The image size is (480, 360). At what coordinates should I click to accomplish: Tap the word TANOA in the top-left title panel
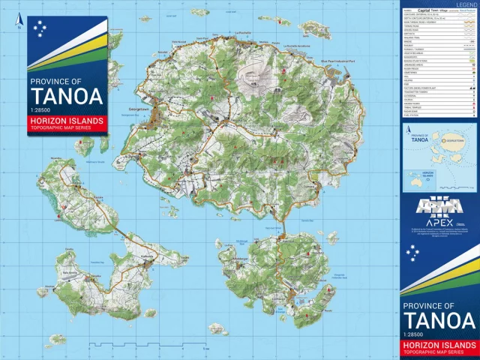pyautogui.click(x=65, y=97)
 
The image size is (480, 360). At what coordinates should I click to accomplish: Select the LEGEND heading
pyautogui.click(x=466, y=4)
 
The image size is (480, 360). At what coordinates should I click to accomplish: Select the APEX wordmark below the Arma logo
pyautogui.click(x=438, y=223)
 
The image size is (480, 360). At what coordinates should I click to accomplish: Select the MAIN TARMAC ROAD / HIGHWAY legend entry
pyautogui.click(x=438, y=23)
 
